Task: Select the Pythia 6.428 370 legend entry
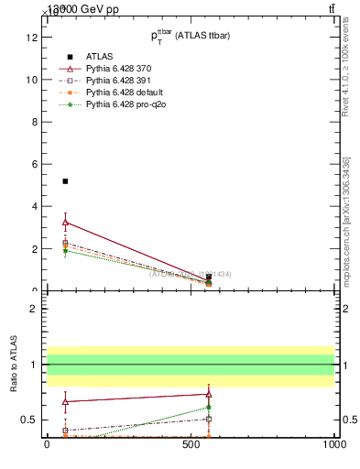click(x=119, y=68)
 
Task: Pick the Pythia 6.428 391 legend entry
click(x=119, y=81)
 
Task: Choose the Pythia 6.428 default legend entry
click(x=123, y=93)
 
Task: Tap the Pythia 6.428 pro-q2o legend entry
click(x=124, y=105)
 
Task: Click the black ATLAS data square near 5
click(x=65, y=181)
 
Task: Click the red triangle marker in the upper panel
click(x=65, y=222)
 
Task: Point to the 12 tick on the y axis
click(x=31, y=38)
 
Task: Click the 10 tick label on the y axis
click(x=31, y=80)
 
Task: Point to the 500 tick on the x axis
click(x=190, y=445)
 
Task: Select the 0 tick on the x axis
click(x=47, y=445)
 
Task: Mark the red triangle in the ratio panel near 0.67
click(x=65, y=400)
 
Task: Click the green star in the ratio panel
click(x=209, y=408)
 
